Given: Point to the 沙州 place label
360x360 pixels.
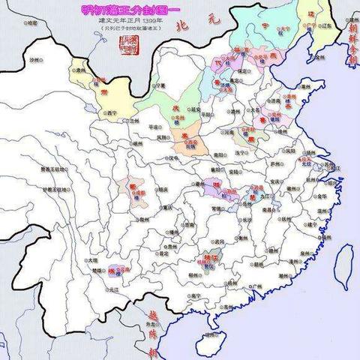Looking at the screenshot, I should (x=33, y=58).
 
